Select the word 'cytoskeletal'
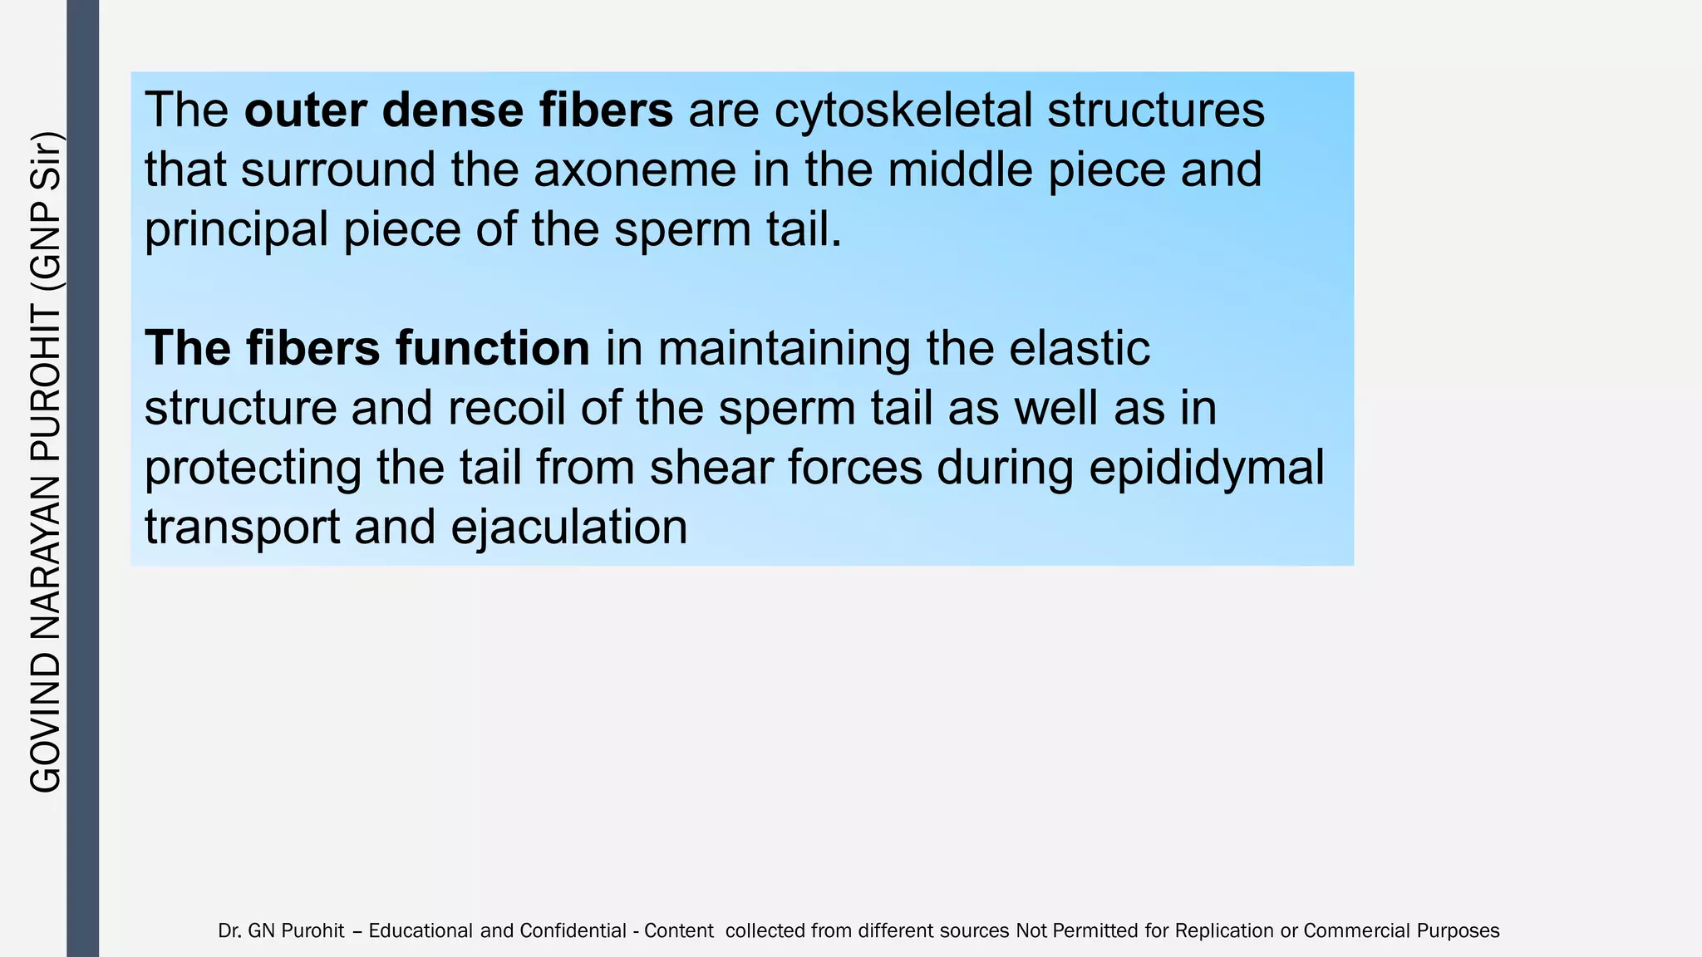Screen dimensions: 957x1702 point(903,110)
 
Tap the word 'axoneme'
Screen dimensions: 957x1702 point(635,169)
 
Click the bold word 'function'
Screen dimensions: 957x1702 point(493,348)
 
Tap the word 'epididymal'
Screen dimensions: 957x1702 point(1206,468)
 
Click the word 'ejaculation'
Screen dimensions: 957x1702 point(568,528)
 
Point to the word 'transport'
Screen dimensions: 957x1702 point(243,528)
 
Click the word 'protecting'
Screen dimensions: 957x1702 point(253,468)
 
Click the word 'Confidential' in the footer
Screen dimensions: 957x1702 point(573,930)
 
